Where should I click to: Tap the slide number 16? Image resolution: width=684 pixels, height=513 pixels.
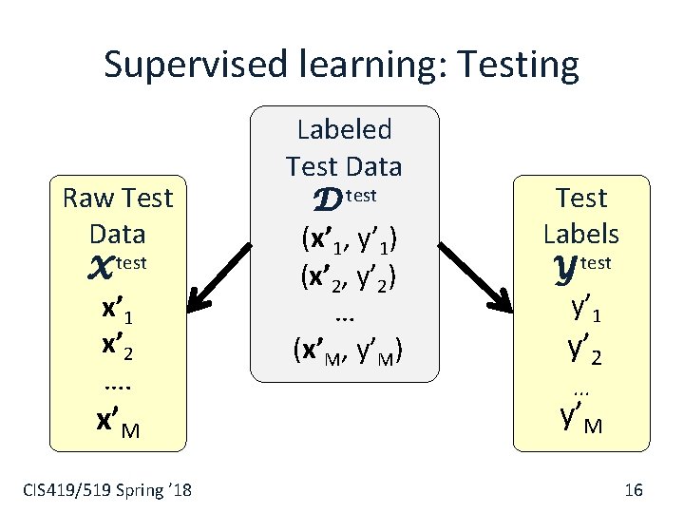click(634, 490)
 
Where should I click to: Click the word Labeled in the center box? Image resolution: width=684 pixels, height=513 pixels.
click(344, 128)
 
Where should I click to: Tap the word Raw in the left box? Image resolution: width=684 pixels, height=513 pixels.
click(83, 198)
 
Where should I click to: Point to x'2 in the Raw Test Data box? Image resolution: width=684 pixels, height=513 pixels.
click(116, 348)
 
